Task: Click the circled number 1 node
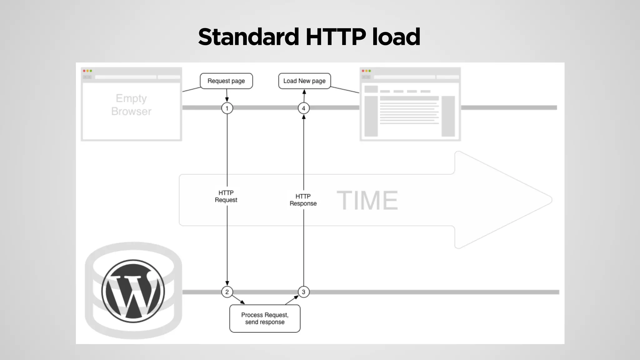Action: pos(227,108)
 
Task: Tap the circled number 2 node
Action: pos(227,292)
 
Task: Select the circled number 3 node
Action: pos(303,292)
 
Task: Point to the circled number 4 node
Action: pos(303,108)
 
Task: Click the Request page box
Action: pos(226,81)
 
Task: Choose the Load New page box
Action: pos(304,81)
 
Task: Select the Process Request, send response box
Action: pos(265,318)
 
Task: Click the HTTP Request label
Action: pos(226,196)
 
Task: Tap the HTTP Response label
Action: pos(303,200)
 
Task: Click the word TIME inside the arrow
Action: pos(367,200)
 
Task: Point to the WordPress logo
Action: pos(133,291)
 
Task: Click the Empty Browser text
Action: pos(131,105)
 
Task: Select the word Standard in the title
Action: pos(248,37)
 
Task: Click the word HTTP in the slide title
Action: pos(336,37)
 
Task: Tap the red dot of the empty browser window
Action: pos(84,71)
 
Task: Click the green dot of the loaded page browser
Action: pos(370,71)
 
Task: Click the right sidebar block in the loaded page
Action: pos(448,116)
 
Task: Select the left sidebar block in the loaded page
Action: pos(371,116)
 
